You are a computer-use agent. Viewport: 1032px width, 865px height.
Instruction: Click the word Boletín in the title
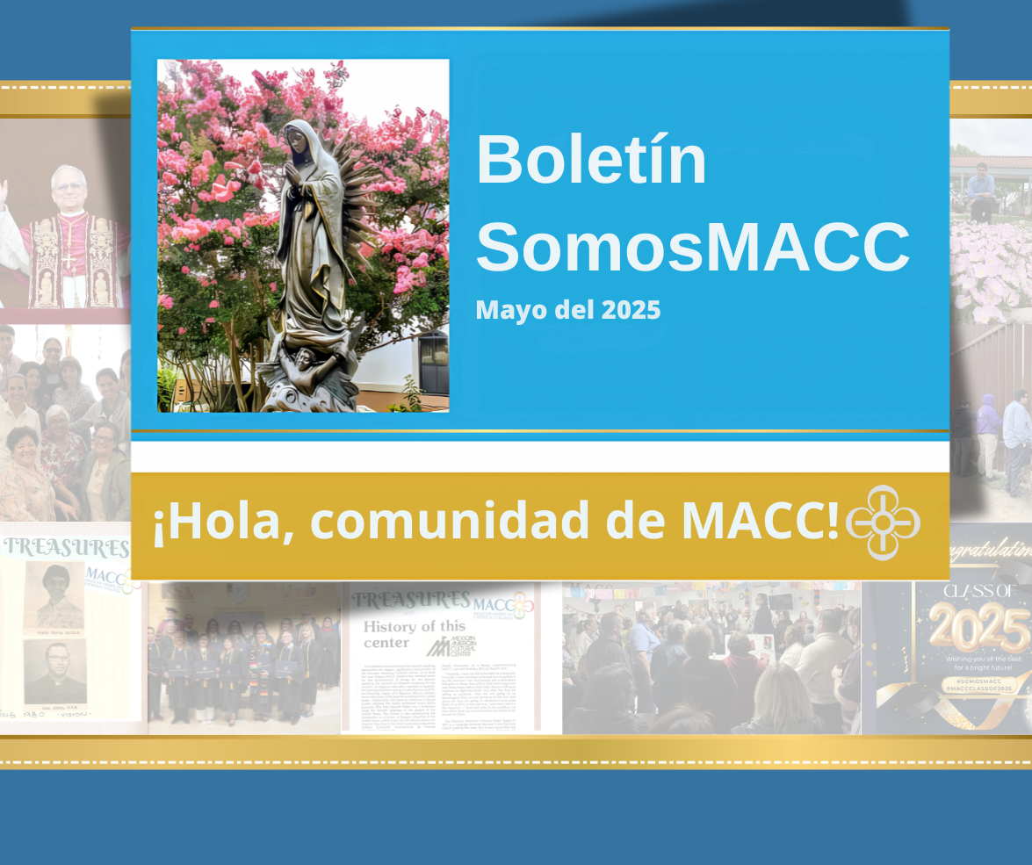(591, 161)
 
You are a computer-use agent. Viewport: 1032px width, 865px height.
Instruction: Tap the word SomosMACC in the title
(692, 248)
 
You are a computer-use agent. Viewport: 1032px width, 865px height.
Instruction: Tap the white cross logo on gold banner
(883, 523)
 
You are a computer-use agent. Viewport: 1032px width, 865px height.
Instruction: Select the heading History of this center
(401, 635)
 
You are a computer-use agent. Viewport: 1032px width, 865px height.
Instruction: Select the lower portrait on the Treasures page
(54, 672)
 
